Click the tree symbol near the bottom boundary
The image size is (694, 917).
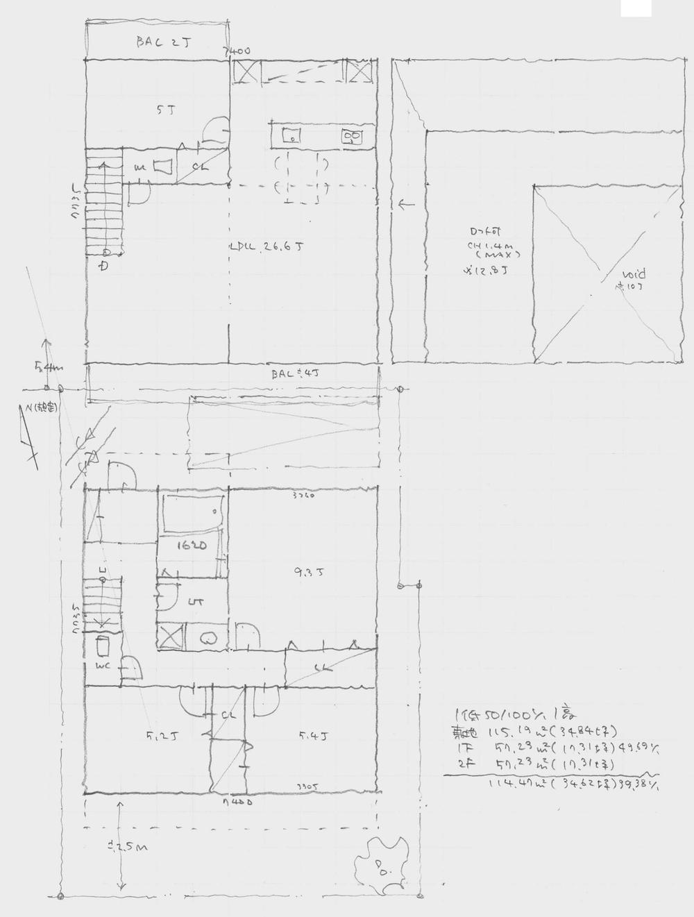[x=379, y=864]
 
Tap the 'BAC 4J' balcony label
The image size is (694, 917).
[x=292, y=374]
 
